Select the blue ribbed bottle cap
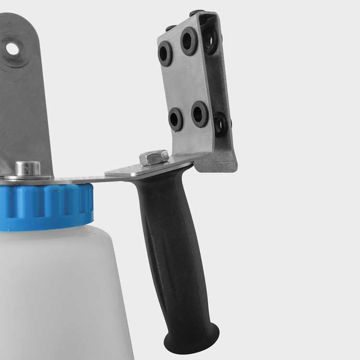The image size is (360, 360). (x=50, y=200)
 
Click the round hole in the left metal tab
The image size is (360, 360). (x=12, y=47)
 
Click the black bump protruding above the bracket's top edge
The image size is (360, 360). (x=196, y=11)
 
